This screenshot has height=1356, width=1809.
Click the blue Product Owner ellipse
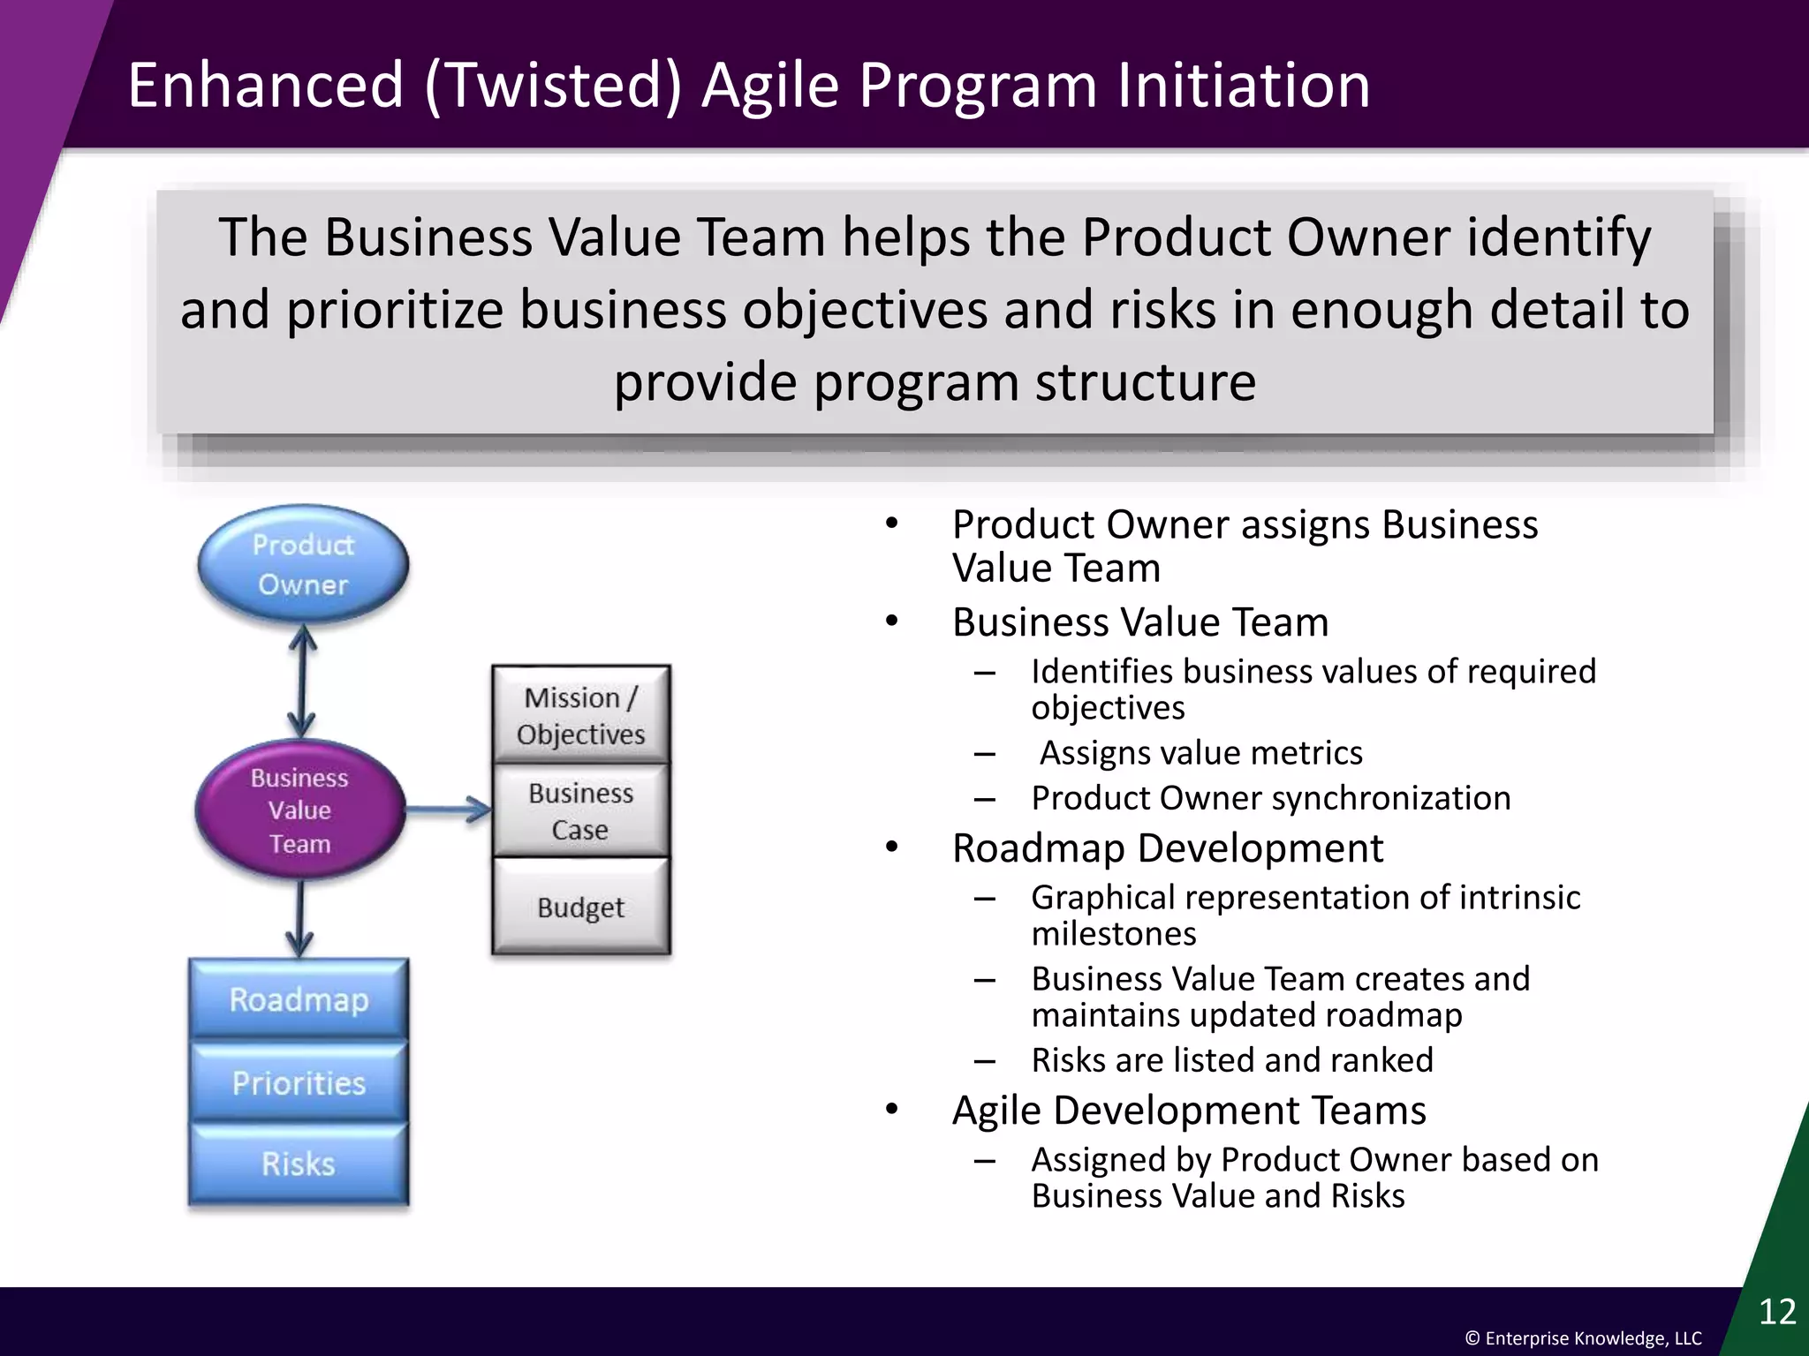coord(303,564)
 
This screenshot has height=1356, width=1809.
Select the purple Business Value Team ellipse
coord(300,810)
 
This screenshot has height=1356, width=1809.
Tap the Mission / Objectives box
coord(580,715)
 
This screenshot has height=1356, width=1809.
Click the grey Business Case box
coord(580,810)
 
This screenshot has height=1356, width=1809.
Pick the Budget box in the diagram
coord(580,908)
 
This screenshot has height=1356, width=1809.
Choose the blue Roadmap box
coord(299,999)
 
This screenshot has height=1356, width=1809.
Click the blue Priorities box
coord(299,1082)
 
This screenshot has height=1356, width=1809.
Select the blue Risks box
coord(299,1164)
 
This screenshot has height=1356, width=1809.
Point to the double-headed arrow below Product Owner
coord(302,682)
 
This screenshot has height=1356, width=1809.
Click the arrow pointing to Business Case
coord(449,809)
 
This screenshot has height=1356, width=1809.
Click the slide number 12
coord(1777,1312)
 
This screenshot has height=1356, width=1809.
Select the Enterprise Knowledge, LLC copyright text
coord(1583,1338)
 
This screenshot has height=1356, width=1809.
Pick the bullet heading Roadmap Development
coord(1167,848)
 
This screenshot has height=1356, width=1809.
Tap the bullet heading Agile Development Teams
coord(1189,1111)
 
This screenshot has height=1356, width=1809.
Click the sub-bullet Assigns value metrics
coord(1201,753)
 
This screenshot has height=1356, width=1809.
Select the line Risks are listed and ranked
coord(1232,1060)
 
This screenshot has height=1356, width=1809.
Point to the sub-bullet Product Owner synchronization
coord(1270,798)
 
